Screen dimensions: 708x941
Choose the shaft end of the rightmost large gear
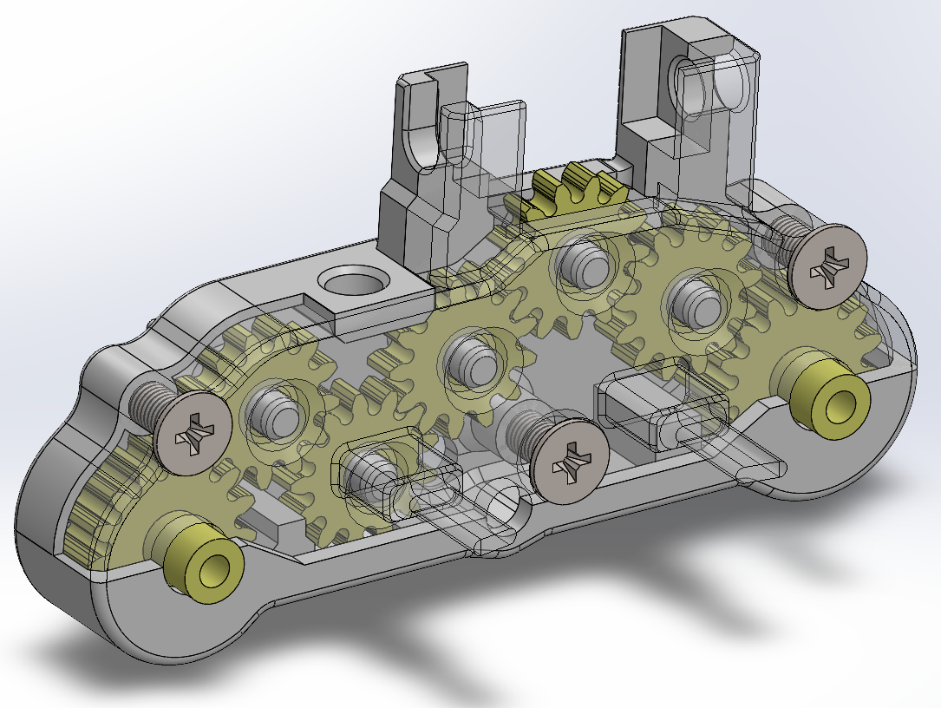[702, 303]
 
